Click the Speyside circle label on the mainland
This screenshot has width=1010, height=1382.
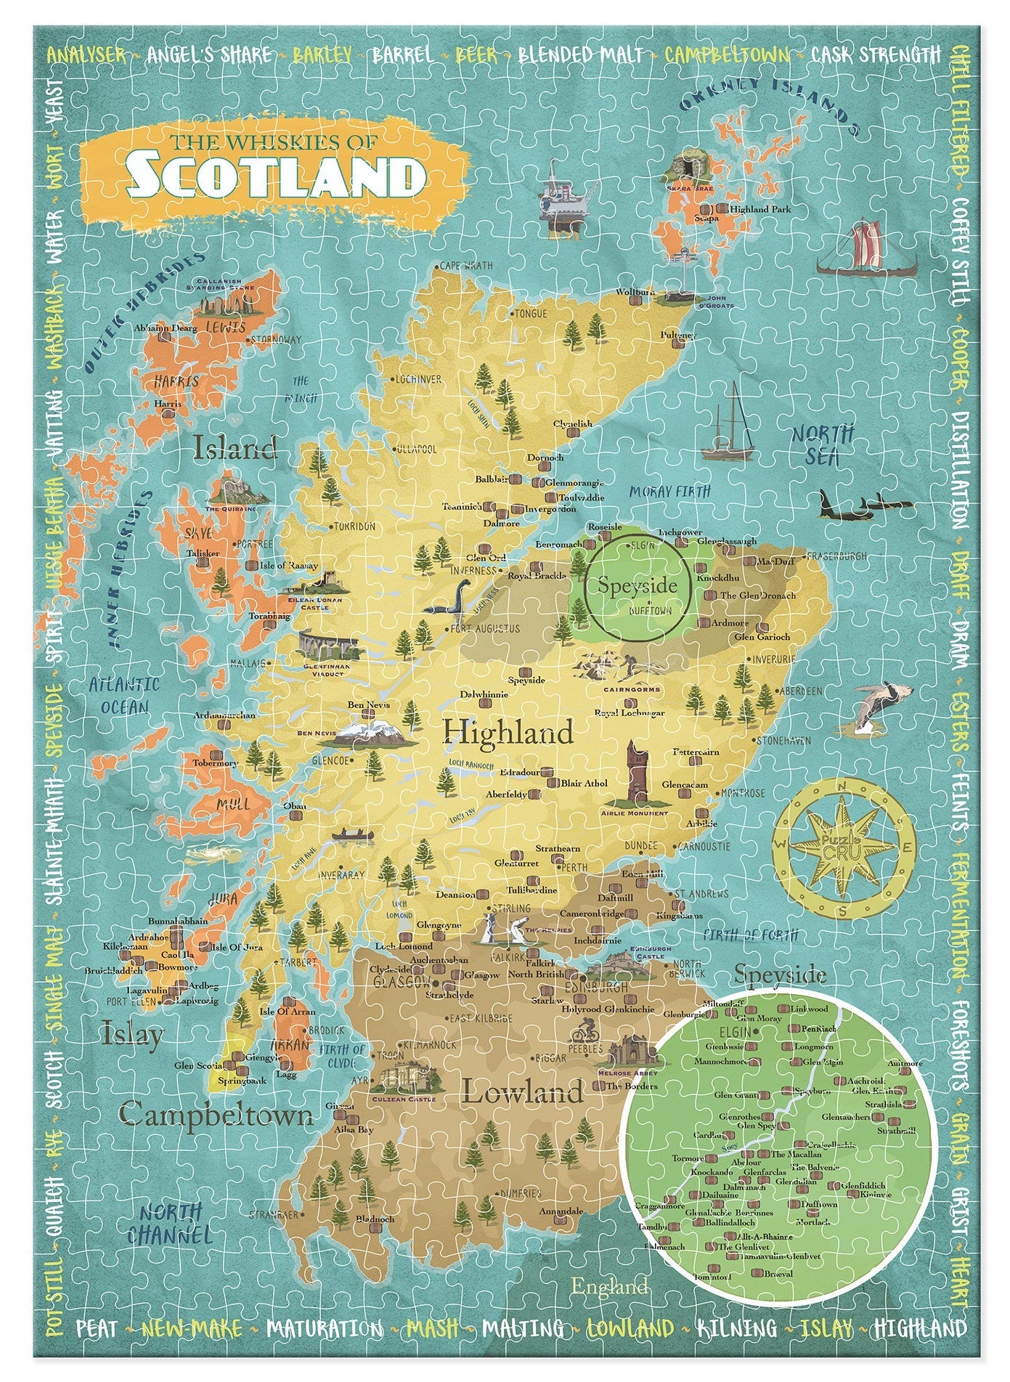637,585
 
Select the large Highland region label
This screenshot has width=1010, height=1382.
508,731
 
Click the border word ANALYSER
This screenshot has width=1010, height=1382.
86,54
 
